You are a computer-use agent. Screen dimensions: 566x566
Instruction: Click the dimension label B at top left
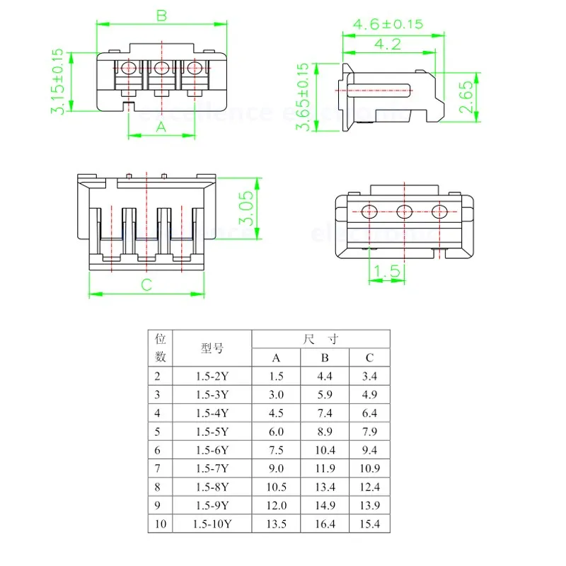coord(161,15)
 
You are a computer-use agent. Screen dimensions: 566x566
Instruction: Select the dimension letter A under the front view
coord(161,127)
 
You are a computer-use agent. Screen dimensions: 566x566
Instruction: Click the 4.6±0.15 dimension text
coord(388,24)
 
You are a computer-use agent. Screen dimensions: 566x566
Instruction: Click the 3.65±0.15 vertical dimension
coord(303,97)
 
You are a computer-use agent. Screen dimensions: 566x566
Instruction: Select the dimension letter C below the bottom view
coord(146,285)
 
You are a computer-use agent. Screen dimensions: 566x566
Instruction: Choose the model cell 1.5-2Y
coord(212,376)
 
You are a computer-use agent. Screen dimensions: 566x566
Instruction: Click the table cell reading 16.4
coord(325,524)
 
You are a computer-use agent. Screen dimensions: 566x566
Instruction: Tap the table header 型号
coord(212,348)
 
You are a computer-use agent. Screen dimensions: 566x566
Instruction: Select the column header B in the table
coord(325,358)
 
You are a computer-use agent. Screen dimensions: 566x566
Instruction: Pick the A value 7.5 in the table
coord(277,450)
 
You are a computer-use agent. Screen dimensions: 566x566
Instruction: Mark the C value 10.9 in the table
coord(369,468)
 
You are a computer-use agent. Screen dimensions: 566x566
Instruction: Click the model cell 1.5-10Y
coord(212,524)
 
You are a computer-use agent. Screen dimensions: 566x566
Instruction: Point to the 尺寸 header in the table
coord(322,340)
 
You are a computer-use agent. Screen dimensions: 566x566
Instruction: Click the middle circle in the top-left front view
coord(161,69)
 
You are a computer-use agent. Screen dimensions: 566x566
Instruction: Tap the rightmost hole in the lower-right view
coord(440,211)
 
